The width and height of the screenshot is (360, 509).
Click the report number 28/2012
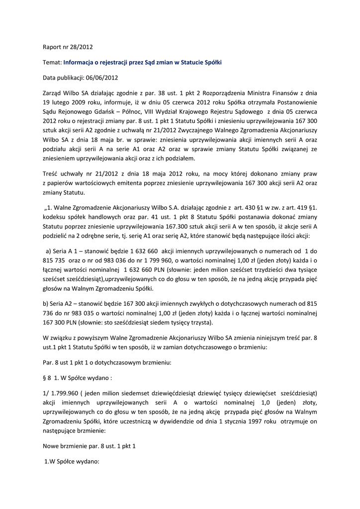[x=82, y=47]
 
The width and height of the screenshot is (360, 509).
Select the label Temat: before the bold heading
[x=52, y=62]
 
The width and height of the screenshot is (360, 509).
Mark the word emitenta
[x=143, y=183]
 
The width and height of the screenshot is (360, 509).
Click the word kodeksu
[x=54, y=217]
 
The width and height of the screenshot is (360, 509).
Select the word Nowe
[x=53, y=446]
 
